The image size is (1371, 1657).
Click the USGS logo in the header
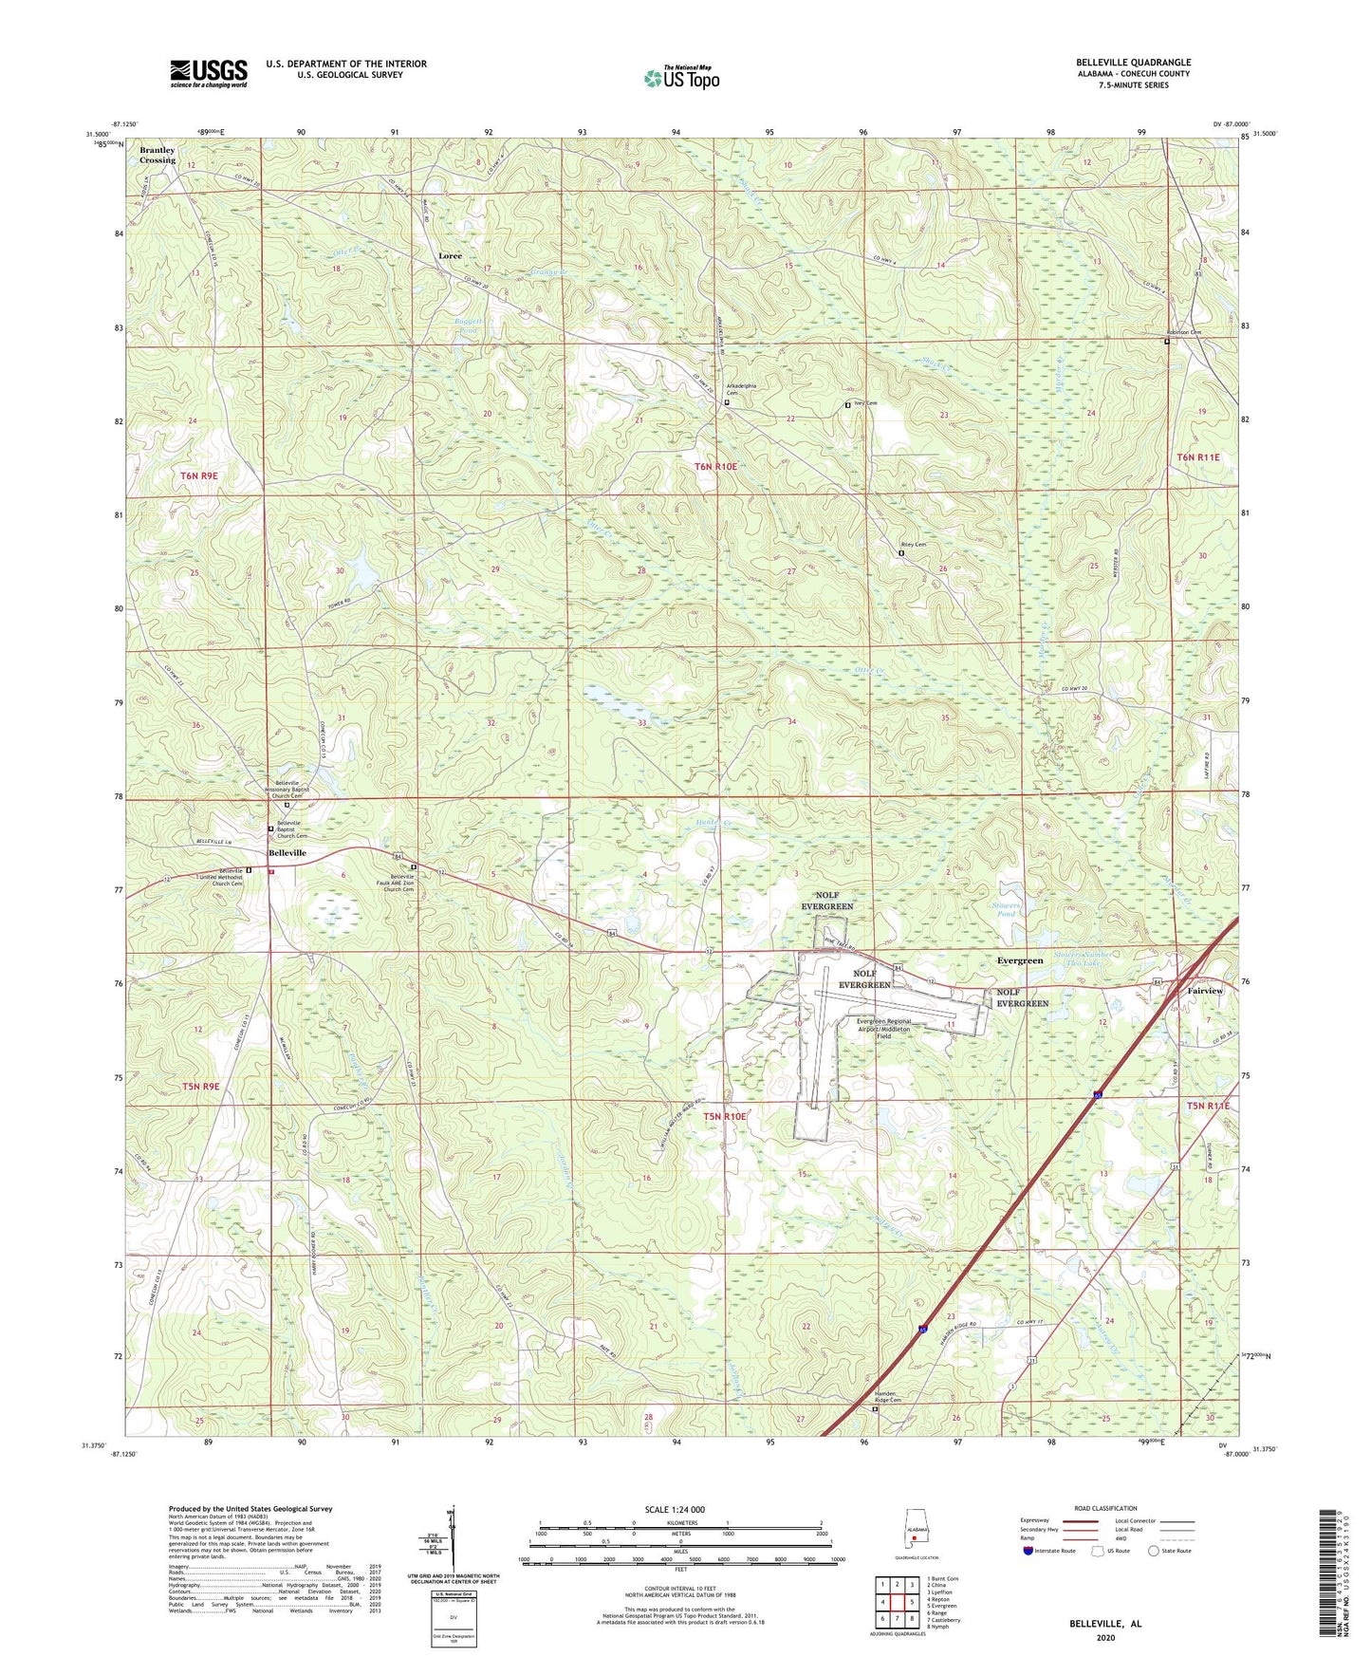209,73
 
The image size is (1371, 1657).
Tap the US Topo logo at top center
681,78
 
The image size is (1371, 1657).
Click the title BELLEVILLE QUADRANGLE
1133,63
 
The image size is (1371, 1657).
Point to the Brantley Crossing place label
157,156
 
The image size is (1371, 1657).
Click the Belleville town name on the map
287,853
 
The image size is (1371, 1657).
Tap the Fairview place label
1205,990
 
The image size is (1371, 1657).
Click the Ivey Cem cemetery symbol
847,405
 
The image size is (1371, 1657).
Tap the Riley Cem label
913,545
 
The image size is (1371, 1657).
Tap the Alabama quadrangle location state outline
914,1545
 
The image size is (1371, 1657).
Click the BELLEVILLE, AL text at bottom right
1105,1624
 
